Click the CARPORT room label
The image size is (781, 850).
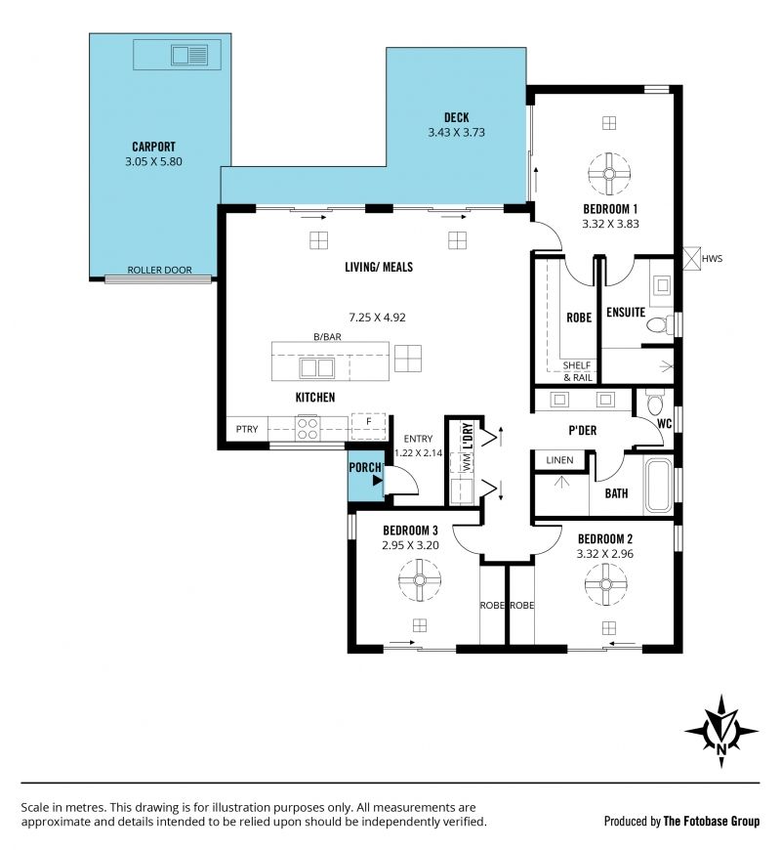click(x=154, y=147)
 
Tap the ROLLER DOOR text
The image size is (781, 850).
click(x=159, y=270)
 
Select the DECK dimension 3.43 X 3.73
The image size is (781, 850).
click(x=456, y=132)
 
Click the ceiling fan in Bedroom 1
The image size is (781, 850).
click(x=609, y=174)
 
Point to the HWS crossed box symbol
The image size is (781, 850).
click(x=691, y=258)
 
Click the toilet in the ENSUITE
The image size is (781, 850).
click(x=656, y=324)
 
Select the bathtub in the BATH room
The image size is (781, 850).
click(x=658, y=487)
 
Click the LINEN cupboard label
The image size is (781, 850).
click(x=559, y=460)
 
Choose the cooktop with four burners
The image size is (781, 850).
click(x=308, y=428)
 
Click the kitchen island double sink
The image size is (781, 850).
click(x=317, y=368)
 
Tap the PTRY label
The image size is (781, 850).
click(x=247, y=429)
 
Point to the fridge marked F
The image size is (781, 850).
click(x=368, y=426)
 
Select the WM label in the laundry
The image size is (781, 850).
click(x=467, y=462)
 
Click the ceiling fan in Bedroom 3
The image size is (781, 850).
click(x=420, y=580)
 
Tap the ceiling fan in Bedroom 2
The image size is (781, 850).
click(x=606, y=584)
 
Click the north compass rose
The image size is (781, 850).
click(x=721, y=731)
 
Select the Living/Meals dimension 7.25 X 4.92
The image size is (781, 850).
click(x=377, y=318)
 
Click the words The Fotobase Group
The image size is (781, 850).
click(x=712, y=822)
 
